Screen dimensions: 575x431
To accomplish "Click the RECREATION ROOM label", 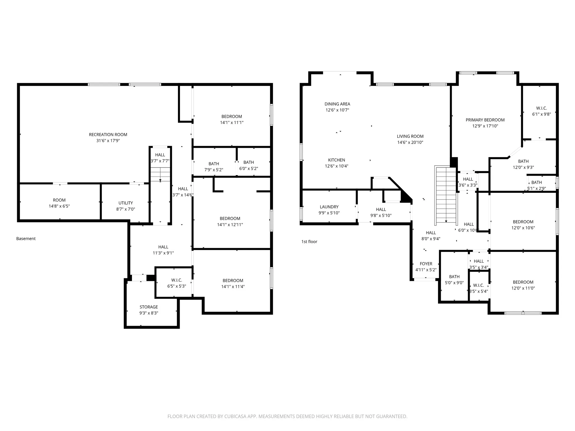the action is (108, 135).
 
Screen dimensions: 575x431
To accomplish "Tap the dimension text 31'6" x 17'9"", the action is (108, 141).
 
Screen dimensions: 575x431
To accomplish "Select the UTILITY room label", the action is (126, 203).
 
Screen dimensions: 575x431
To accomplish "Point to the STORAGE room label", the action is (149, 307).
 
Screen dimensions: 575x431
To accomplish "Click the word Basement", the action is (26, 239).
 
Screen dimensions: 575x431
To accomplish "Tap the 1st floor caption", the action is (309, 242).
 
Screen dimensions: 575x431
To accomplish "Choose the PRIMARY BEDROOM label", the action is (485, 120).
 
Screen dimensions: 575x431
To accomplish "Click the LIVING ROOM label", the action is (410, 136).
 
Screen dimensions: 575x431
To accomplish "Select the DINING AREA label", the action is (337, 104).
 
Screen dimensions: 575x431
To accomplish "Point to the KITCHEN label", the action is (337, 160).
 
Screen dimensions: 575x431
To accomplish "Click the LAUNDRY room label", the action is (329, 207).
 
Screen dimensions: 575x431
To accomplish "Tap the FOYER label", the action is (426, 264).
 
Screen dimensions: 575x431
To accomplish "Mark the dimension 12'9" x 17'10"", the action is (485, 126).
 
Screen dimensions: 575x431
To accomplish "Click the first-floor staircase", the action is (445, 196).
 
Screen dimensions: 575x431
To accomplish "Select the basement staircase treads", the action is (160, 174).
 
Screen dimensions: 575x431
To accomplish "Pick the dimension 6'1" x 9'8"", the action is (541, 114).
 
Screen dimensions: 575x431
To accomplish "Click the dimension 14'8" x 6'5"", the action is (59, 206).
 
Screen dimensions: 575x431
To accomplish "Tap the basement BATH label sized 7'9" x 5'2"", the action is (214, 164).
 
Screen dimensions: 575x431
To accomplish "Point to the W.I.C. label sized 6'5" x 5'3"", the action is (177, 280).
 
